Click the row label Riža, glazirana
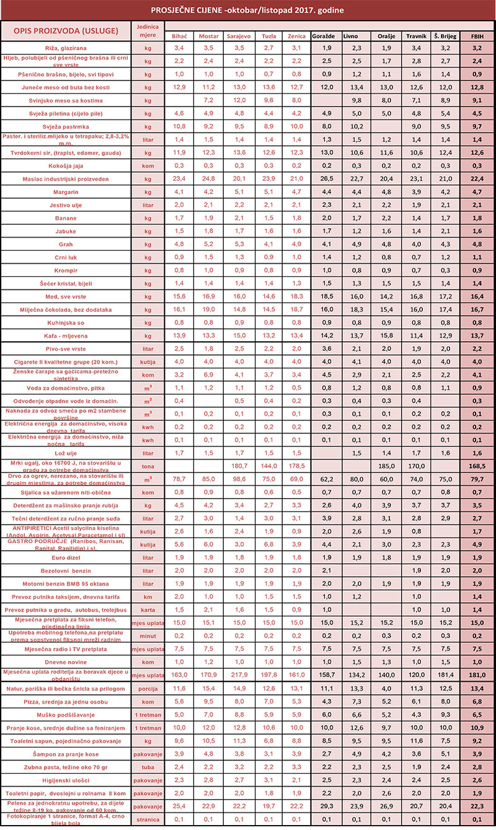66,48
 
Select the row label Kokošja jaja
66,165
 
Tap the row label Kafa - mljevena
66,335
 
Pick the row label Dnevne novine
66,661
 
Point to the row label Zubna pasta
66,767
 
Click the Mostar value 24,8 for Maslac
208,178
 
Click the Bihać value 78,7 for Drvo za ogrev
179,478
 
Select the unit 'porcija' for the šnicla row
148,689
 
